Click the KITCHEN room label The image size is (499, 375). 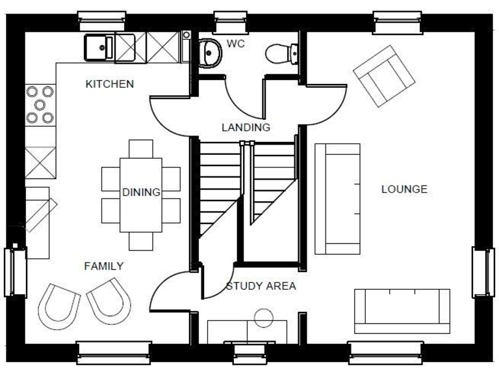(x=110, y=84)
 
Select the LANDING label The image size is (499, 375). (x=246, y=127)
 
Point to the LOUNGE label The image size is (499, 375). (x=404, y=189)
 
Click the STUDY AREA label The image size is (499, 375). (x=261, y=286)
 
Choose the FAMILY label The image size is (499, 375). (x=104, y=266)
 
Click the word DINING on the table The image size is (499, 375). (x=141, y=192)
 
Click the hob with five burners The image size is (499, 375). (x=40, y=105)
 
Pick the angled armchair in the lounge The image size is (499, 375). (x=384, y=76)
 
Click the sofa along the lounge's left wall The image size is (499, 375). (x=337, y=199)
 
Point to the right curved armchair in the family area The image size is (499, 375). (x=109, y=299)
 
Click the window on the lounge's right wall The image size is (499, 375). (x=483, y=272)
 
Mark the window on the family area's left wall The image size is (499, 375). (x=14, y=271)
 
